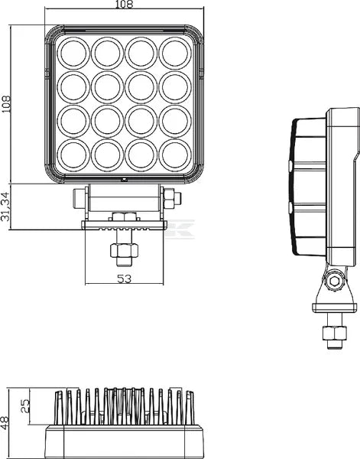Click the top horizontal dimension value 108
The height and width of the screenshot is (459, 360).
125,5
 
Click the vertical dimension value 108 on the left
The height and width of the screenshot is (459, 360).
6,104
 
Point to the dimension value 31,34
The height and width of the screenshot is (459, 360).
6,207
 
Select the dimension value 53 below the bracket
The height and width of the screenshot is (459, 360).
125,278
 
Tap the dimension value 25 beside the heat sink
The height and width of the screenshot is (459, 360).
24,404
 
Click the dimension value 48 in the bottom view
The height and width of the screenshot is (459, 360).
6,420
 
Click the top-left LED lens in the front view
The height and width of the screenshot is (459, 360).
74,53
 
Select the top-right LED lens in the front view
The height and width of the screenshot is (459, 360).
175,53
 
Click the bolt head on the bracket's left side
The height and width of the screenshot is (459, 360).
79,199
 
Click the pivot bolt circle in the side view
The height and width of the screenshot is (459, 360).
333,282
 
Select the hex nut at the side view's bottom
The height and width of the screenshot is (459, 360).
333,334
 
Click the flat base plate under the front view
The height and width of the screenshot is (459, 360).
125,224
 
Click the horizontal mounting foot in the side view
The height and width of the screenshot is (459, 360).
335,308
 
